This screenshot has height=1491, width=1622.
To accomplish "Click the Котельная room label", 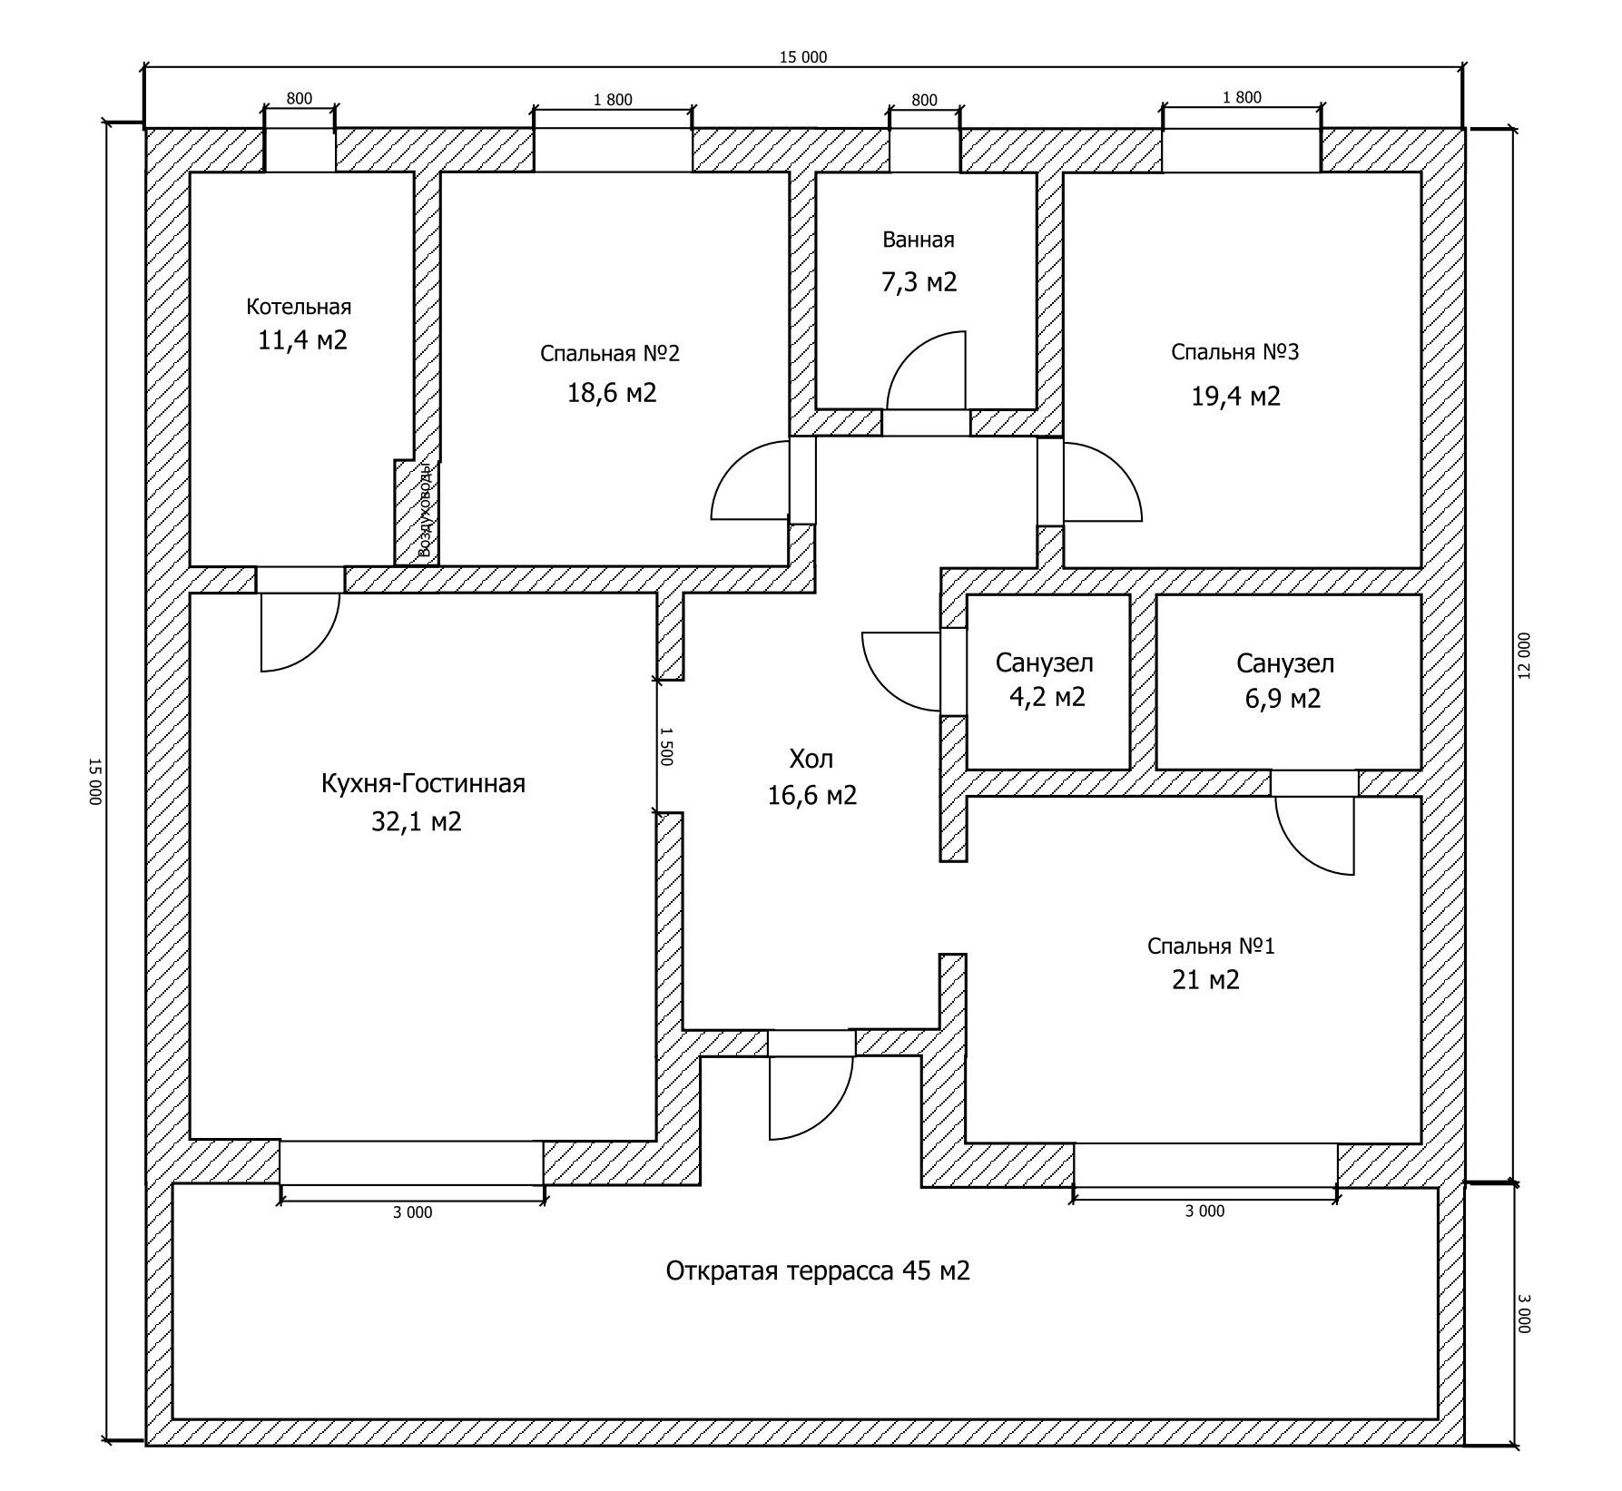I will [x=299, y=307].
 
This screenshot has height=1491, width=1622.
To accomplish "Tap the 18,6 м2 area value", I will [x=612, y=393].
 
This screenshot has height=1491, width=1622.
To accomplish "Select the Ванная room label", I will [x=919, y=240].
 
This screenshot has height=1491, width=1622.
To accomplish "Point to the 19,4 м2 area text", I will [x=1235, y=397].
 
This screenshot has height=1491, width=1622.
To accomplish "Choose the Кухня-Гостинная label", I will [x=423, y=783].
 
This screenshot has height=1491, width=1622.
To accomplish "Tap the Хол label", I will [x=811, y=759].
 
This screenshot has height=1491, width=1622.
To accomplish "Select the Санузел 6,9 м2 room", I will [x=1285, y=681].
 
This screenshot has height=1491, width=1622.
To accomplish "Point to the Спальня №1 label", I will [x=1211, y=947].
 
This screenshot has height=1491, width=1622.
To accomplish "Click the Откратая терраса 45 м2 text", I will [x=818, y=1270].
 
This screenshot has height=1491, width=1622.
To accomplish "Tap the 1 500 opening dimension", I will [x=666, y=746].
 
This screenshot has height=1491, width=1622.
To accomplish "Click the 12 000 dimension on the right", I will [x=1524, y=655].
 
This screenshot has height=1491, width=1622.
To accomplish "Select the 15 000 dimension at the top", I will [x=803, y=57].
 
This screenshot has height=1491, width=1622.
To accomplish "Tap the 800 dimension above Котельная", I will [x=300, y=99].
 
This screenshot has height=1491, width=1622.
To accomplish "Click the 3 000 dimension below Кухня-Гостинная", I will [x=413, y=1212].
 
